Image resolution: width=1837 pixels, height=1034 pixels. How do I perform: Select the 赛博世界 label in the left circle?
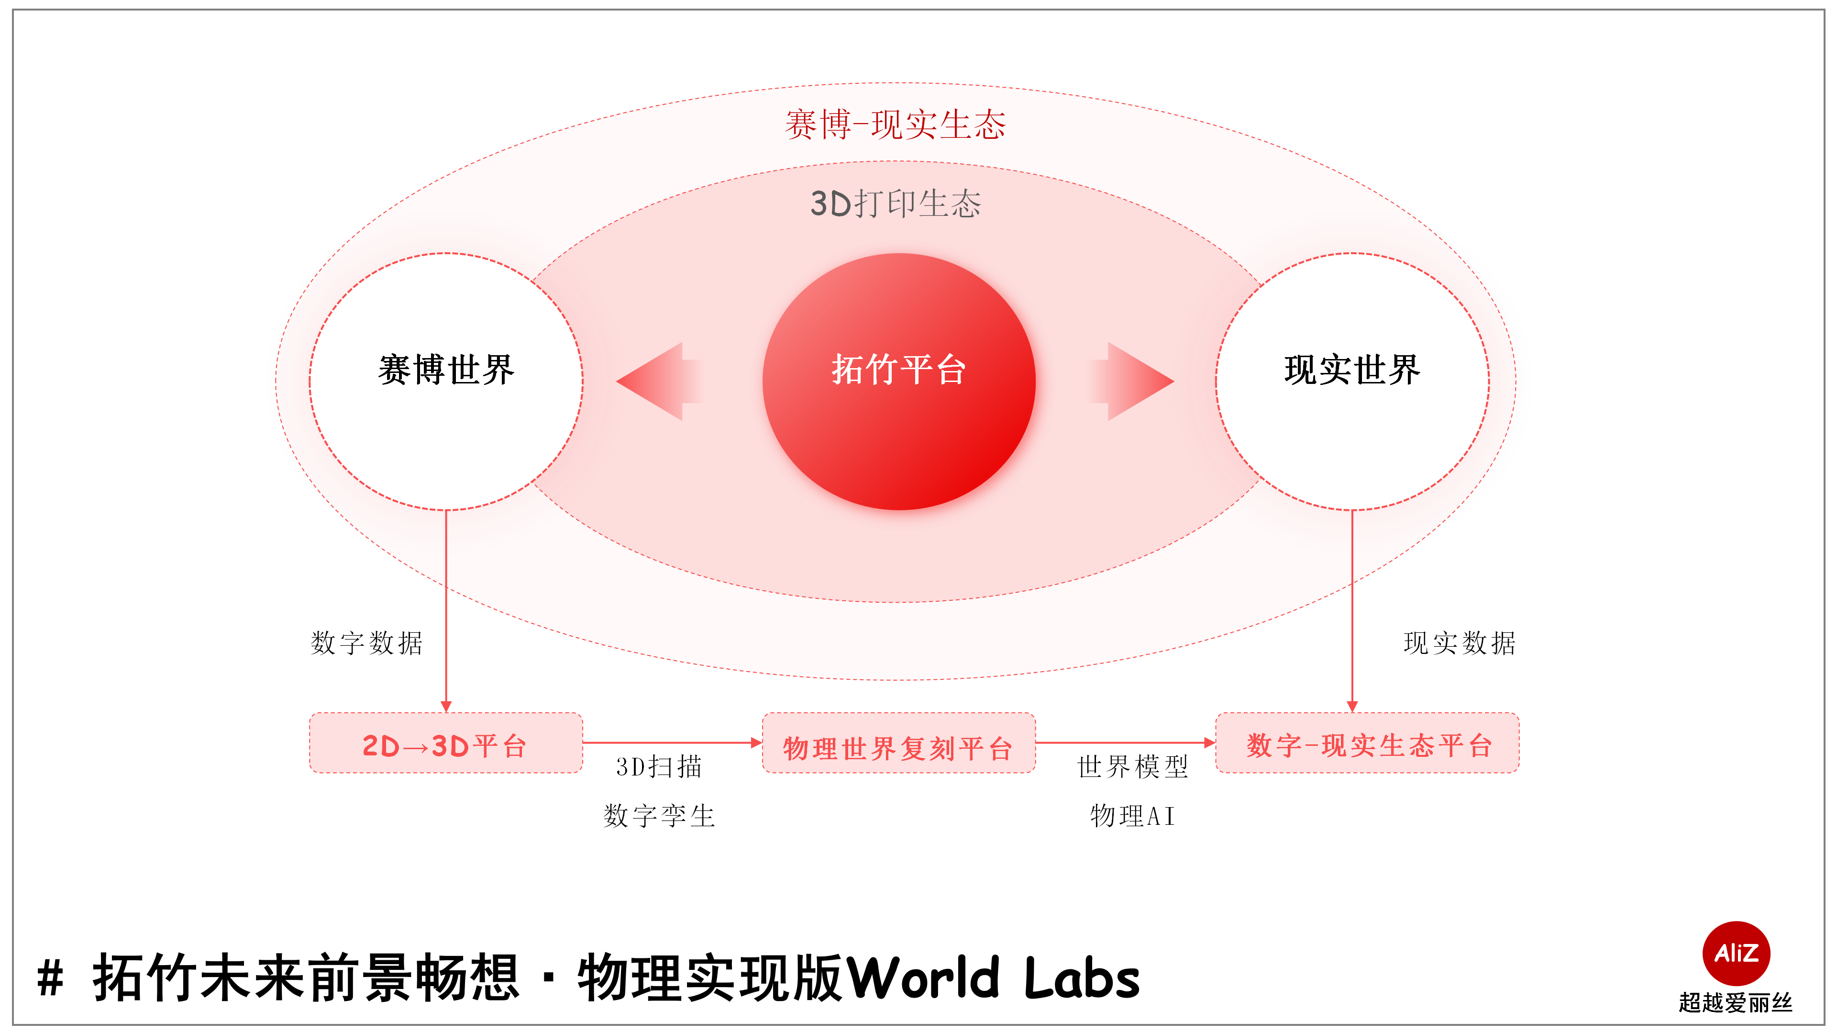pos(446,370)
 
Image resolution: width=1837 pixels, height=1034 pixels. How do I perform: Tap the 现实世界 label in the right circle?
pos(1352,370)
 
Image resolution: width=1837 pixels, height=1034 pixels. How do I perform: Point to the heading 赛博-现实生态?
pos(895,125)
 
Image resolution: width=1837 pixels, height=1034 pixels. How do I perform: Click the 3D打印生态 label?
pos(896,204)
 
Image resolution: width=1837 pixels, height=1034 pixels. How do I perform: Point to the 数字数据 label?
pos(366,643)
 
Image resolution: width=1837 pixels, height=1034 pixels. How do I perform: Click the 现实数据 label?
pos(1459,643)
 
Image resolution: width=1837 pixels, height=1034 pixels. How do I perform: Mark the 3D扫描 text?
pos(659,767)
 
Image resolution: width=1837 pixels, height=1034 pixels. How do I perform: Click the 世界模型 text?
pos(1132,767)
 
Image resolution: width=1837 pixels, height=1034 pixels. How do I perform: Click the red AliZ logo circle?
pos(1736,953)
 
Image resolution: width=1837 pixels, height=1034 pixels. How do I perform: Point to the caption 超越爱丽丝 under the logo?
pos(1735,1002)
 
